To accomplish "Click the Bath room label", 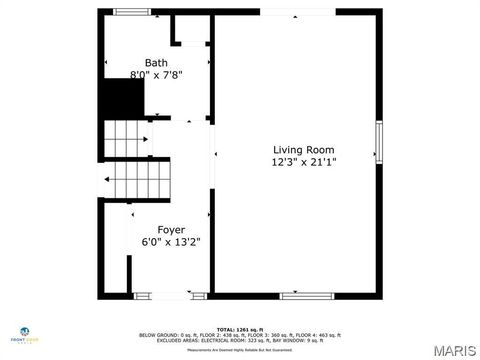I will coord(155,62).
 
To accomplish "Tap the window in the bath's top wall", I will coord(130,12).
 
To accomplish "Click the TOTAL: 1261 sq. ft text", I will coord(240,329).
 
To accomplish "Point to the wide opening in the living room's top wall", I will coord(292,12).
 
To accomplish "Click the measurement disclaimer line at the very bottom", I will coord(240,351).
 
